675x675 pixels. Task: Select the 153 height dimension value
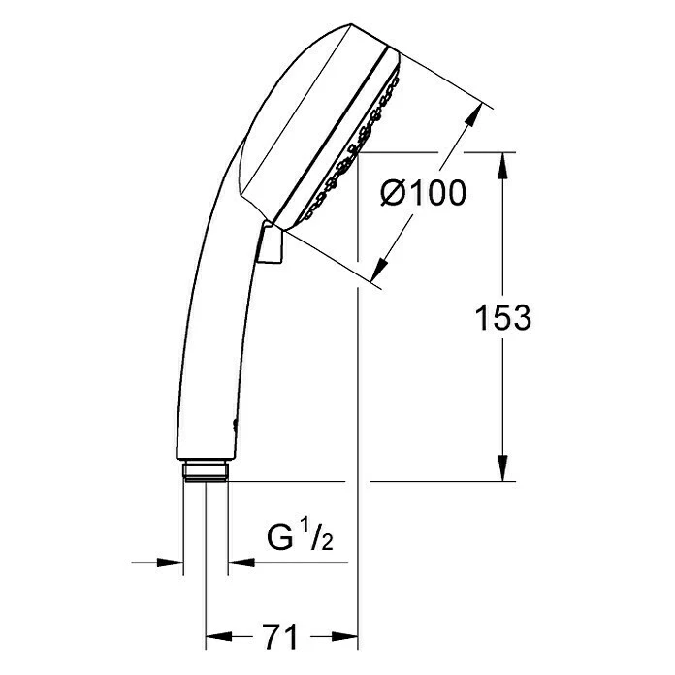(x=503, y=317)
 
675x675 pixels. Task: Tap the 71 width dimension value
(x=281, y=637)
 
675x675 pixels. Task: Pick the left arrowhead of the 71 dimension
(x=217, y=638)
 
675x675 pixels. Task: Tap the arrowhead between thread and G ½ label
(x=240, y=562)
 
